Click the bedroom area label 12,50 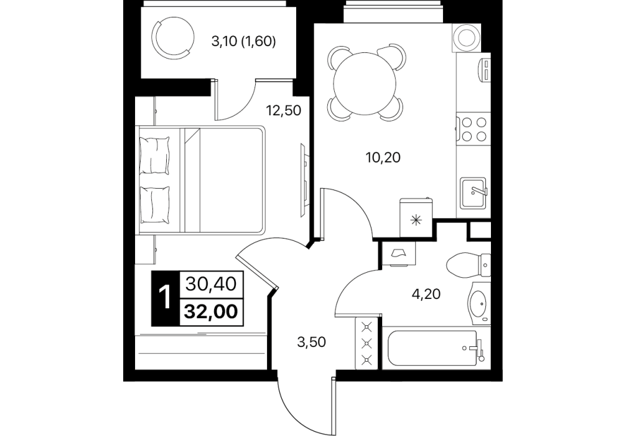pyautogui.click(x=284, y=110)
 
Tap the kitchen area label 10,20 pyautogui.click(x=383, y=158)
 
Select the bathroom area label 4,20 pyautogui.click(x=426, y=294)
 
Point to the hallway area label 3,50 pyautogui.click(x=311, y=342)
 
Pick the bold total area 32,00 pyautogui.click(x=211, y=311)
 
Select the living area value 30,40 pyautogui.click(x=212, y=284)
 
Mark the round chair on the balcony pyautogui.click(x=174, y=37)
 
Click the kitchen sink pyautogui.click(x=474, y=194)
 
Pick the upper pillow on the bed pyautogui.click(x=155, y=155)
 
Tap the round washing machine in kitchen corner pyautogui.click(x=466, y=38)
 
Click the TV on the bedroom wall pyautogui.click(x=304, y=180)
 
